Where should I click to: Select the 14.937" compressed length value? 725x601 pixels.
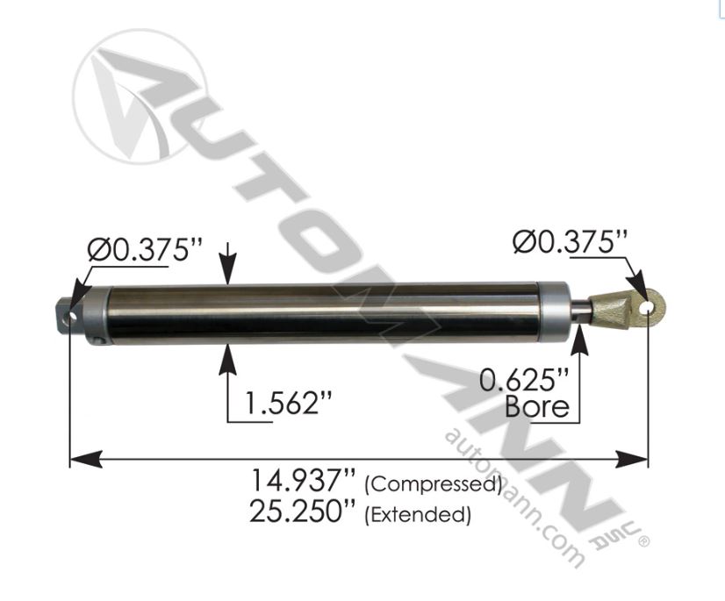pyautogui.click(x=303, y=482)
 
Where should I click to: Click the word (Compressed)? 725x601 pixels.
pyautogui.click(x=432, y=484)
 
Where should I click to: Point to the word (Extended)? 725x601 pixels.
pyautogui.click(x=418, y=514)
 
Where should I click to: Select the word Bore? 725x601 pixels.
pyautogui.click(x=537, y=407)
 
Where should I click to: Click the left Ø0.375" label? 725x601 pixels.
pyautogui.click(x=138, y=252)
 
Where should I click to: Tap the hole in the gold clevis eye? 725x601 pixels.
pyautogui.click(x=650, y=307)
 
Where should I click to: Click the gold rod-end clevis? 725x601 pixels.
pyautogui.click(x=625, y=310)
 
